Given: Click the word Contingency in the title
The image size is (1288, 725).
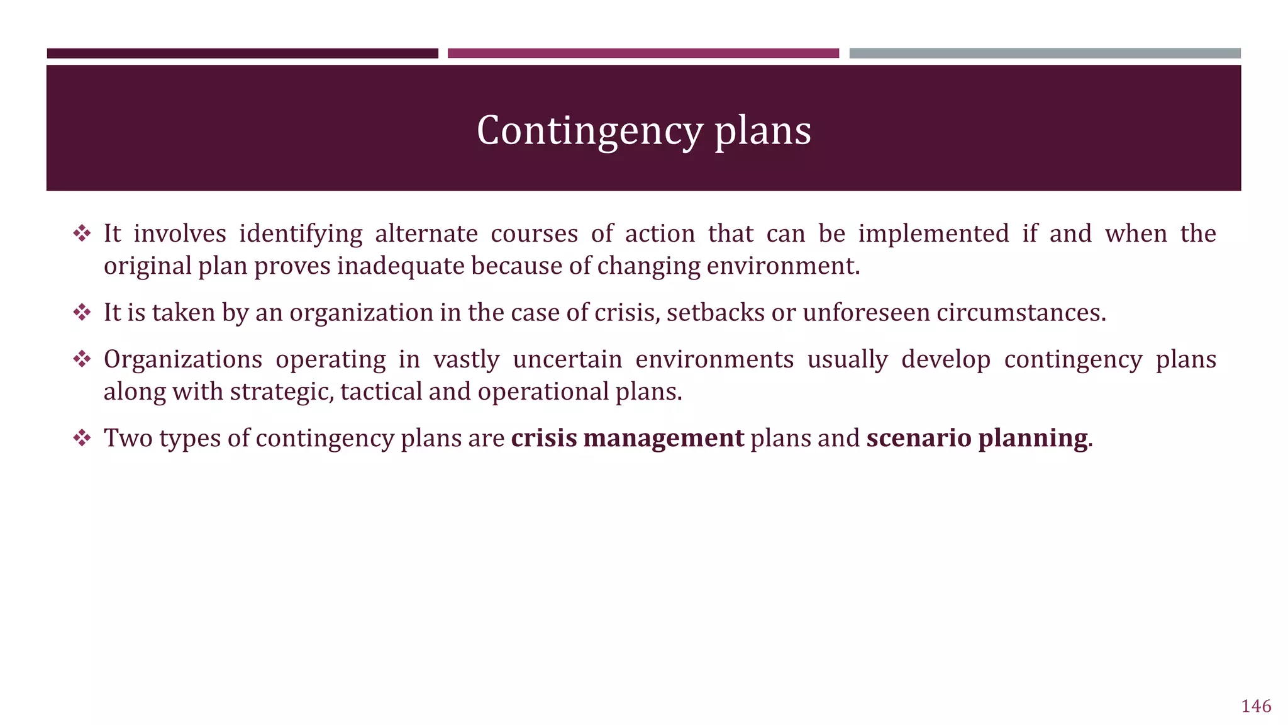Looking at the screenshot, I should point(589,131).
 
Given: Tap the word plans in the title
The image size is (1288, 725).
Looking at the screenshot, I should point(762,131).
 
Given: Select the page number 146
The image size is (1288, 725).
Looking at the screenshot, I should point(1256,706).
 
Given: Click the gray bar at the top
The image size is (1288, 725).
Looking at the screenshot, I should point(1045,53).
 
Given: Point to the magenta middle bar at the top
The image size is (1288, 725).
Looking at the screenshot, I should point(643,53).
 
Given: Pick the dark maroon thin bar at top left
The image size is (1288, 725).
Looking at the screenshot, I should point(242,53).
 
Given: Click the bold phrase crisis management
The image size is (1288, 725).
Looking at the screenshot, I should point(627,438).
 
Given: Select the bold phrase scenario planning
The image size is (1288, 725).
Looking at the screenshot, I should point(977,438).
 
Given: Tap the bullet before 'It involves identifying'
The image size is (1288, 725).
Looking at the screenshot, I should point(82,234).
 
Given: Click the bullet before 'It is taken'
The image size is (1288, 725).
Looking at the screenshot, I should point(82,313).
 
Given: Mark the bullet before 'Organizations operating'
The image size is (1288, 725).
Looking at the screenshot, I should point(82,359).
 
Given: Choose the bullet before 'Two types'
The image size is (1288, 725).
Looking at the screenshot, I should point(82,438).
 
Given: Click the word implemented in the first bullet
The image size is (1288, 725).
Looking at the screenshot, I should point(933,234).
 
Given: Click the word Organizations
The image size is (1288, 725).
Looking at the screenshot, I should point(183,359).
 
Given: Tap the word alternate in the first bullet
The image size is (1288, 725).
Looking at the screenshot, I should point(426,234).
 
